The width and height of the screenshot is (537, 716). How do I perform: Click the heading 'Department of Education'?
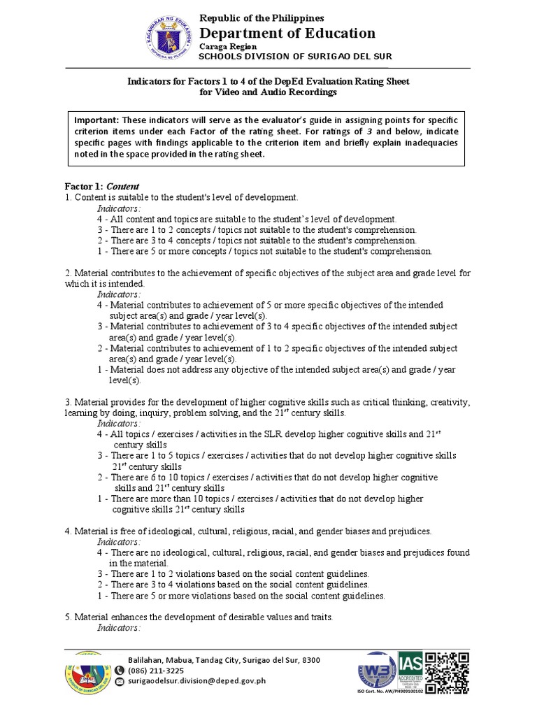(x=287, y=33)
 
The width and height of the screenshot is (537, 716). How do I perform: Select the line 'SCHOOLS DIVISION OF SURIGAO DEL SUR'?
(x=296, y=56)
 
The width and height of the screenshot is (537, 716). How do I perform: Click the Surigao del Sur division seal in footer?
(x=87, y=675)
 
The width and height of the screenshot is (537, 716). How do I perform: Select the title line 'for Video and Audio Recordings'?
(x=268, y=92)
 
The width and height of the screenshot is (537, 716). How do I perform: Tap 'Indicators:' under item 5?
(x=119, y=628)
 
